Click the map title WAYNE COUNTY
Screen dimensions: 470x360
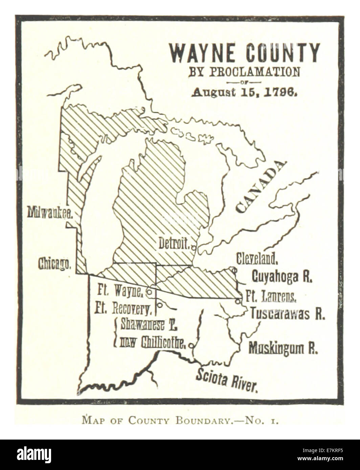point(244,53)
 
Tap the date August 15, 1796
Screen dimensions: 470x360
point(244,92)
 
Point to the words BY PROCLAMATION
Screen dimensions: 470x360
point(244,72)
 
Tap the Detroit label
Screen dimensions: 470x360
point(174,243)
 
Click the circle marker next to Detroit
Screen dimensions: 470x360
point(193,248)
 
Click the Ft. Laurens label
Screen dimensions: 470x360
point(271,297)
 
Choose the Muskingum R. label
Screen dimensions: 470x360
point(283,348)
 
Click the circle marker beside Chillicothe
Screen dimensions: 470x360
point(191,346)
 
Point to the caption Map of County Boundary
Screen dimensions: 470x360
point(180,421)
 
